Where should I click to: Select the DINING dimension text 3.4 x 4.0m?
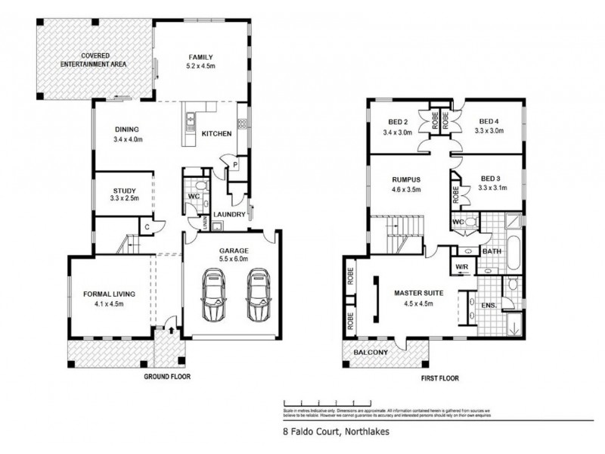tap(127, 140)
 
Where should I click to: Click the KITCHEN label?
tap(216, 134)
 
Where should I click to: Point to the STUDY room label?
tap(124, 190)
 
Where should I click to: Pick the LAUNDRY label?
tap(228, 214)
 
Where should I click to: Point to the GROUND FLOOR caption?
tap(169, 375)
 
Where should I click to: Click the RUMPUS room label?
tap(405, 179)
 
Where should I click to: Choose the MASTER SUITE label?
tap(417, 293)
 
